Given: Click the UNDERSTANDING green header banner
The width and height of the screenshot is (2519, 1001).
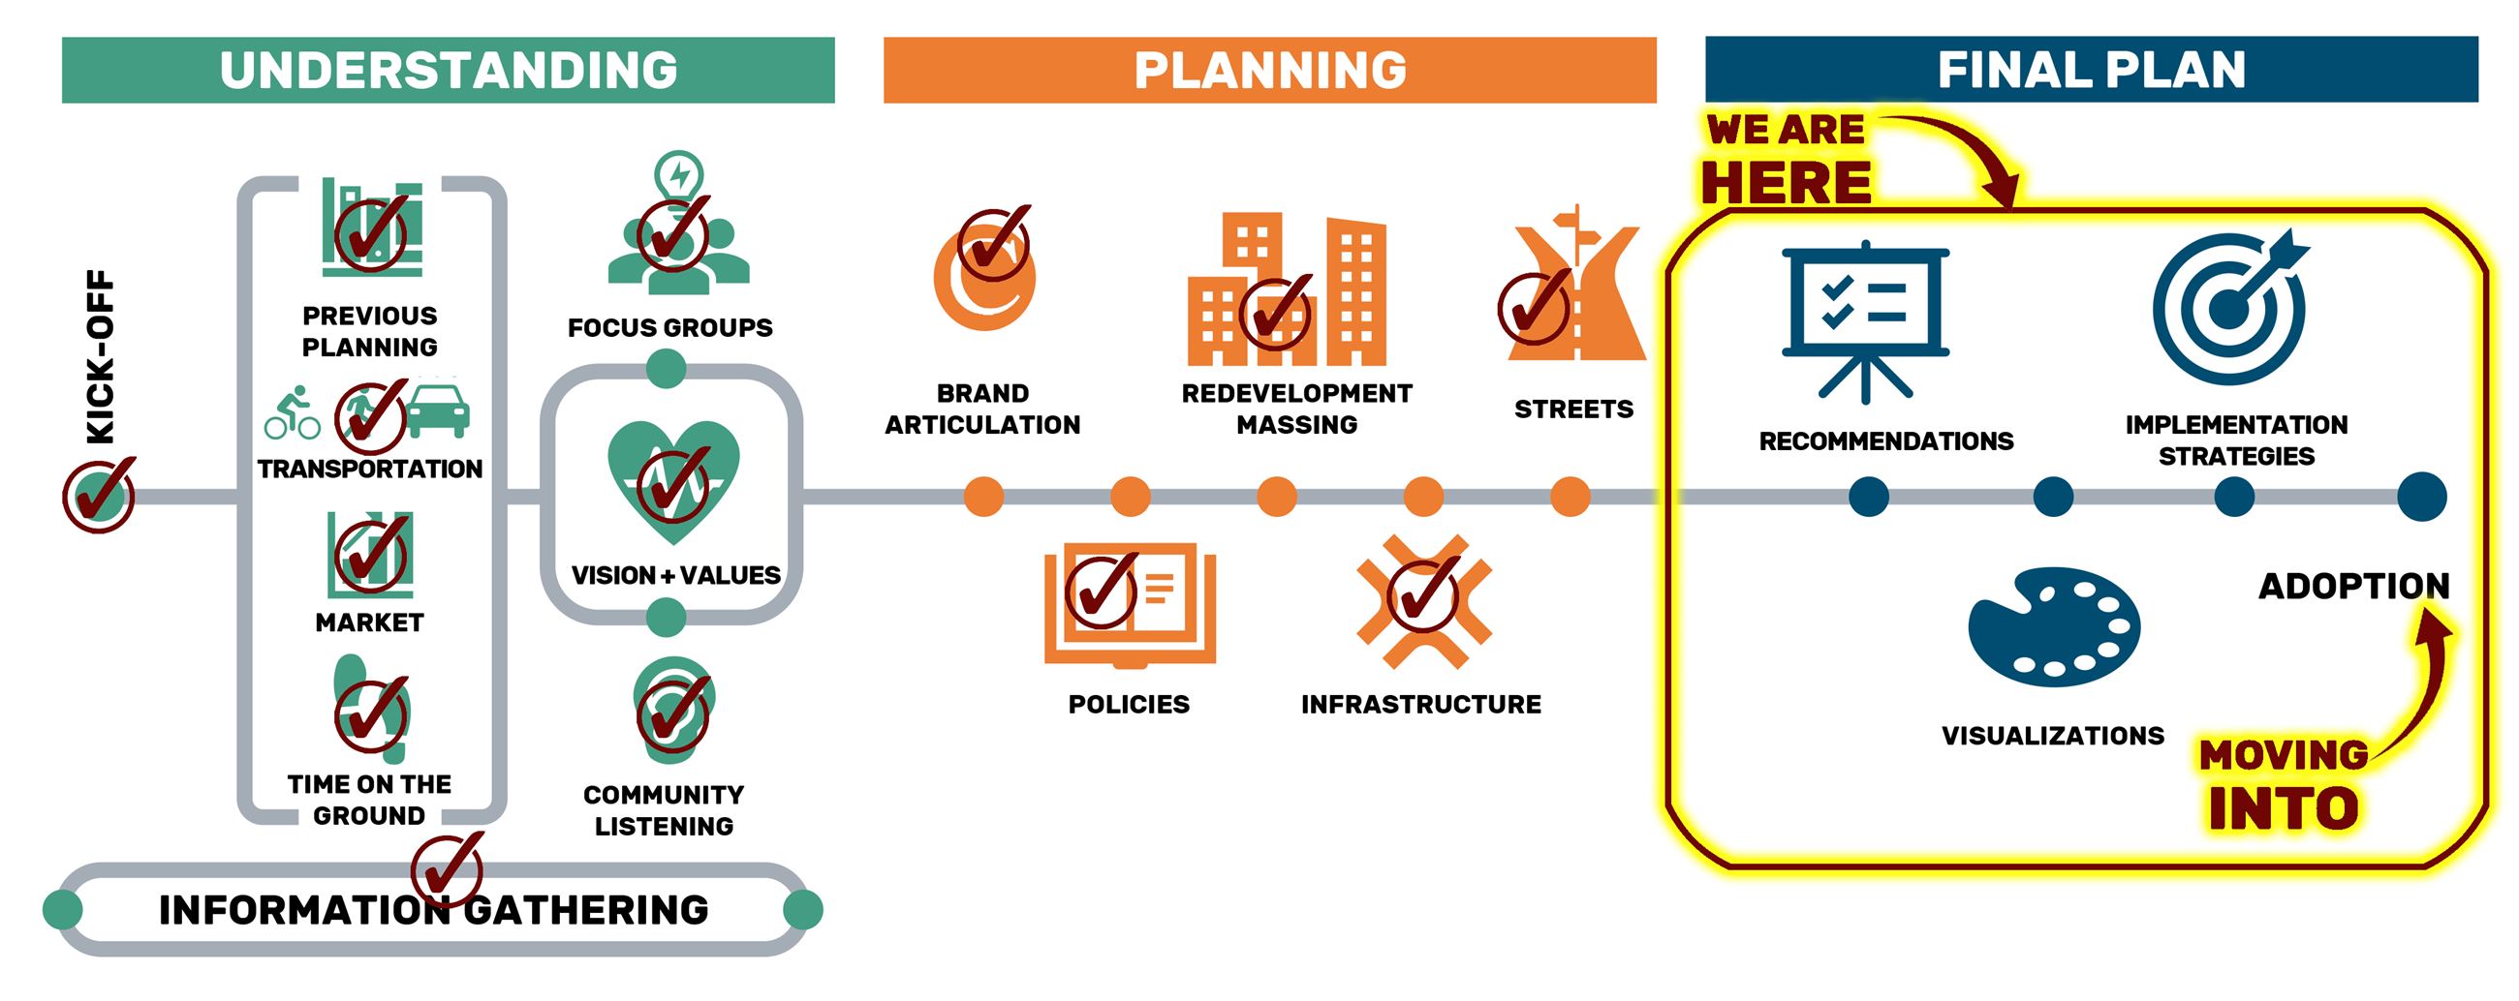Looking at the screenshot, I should point(448,71).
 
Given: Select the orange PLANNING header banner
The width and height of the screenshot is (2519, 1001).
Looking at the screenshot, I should point(1269,71).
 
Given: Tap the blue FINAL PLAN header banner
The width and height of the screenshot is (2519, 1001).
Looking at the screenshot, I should point(2091,71).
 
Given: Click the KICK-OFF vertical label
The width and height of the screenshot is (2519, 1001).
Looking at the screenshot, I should point(101,357).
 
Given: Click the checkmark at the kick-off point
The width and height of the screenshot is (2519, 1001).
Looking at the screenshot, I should point(100,495).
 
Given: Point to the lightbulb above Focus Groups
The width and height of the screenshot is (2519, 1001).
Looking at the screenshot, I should point(678,175).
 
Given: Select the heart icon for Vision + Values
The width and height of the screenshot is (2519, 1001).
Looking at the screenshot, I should point(672,479).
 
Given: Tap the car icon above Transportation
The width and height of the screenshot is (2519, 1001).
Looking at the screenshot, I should point(437,409).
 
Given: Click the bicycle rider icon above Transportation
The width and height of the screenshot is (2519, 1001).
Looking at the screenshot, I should point(292,413).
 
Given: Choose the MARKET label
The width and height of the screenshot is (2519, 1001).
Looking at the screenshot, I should point(370,622).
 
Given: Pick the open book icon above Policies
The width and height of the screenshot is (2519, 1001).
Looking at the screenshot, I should point(1130,604).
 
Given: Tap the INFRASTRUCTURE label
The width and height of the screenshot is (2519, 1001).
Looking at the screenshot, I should point(1421,705).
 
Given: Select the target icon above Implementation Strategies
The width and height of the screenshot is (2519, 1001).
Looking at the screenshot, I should point(2230,307).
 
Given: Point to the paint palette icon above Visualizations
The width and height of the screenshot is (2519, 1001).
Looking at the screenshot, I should point(2054,625).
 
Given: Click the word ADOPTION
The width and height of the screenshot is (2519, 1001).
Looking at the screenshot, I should point(2353,587).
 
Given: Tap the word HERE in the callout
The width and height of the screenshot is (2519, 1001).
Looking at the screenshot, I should point(1786,183).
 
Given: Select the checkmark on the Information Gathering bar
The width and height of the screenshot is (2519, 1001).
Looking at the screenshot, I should point(448,868).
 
